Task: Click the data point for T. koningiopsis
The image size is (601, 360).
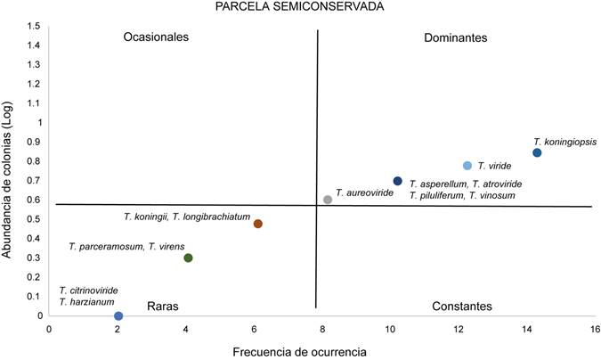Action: (537, 153)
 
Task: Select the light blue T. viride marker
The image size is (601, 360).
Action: (467, 166)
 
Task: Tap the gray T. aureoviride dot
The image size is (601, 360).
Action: (328, 200)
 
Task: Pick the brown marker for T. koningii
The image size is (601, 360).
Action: (258, 224)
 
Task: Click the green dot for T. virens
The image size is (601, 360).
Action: (188, 258)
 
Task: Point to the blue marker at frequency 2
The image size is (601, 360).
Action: (118, 315)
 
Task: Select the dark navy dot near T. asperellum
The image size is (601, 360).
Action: (398, 181)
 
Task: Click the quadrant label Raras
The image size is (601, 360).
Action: (164, 306)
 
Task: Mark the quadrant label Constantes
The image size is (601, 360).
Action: (461, 306)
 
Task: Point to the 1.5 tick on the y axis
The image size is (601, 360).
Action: (33, 26)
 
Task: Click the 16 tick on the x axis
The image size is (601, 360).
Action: (591, 330)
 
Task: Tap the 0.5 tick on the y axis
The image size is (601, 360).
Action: (33, 219)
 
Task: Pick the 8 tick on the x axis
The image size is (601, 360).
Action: (321, 330)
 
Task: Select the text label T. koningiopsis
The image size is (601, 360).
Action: (564, 141)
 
